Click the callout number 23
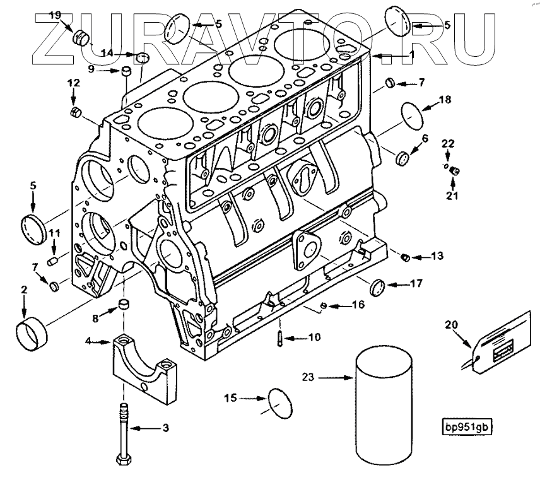pos(308,378)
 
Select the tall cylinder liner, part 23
pos(384,407)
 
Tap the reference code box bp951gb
pos(466,427)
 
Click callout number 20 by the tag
pos(451,325)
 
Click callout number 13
pos(437,256)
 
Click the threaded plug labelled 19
pos(81,37)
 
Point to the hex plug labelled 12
pos(75,112)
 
